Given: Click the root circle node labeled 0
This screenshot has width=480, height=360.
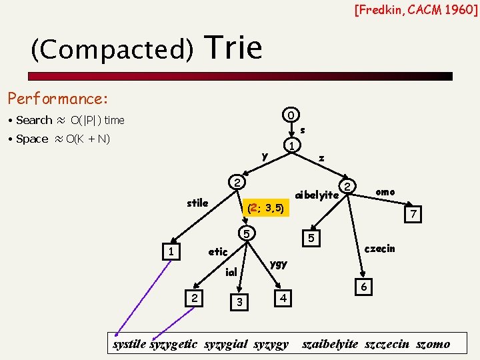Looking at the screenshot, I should tap(291, 115).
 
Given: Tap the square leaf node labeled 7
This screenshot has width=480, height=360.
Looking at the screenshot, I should tap(413, 215).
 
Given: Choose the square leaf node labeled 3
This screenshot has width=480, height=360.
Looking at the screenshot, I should tap(238, 303).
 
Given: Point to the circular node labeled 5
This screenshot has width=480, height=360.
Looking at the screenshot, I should tap(247, 234).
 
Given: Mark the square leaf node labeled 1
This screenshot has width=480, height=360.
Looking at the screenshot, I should tap(172, 252).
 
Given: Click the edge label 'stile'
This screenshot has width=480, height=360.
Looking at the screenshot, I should tap(197, 203).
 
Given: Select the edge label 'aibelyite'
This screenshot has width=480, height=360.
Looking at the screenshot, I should tap(317, 195).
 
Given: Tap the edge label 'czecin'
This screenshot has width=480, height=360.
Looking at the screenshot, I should tap(380, 249).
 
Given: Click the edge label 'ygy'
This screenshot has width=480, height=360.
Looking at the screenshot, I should tap(279, 263).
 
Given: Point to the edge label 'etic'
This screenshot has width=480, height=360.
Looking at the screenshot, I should tap(218, 252).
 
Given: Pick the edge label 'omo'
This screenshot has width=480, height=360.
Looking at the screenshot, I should tap(385, 192).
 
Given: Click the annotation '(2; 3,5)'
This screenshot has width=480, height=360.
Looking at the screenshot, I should tap(265, 209).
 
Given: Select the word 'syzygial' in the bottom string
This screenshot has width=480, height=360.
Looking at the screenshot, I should tap(226, 345).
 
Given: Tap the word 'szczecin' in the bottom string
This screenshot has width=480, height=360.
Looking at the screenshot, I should tap(387, 345).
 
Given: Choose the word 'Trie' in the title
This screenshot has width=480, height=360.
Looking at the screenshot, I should tap(235, 48).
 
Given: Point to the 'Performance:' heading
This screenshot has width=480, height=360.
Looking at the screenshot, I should tap(57, 99).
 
